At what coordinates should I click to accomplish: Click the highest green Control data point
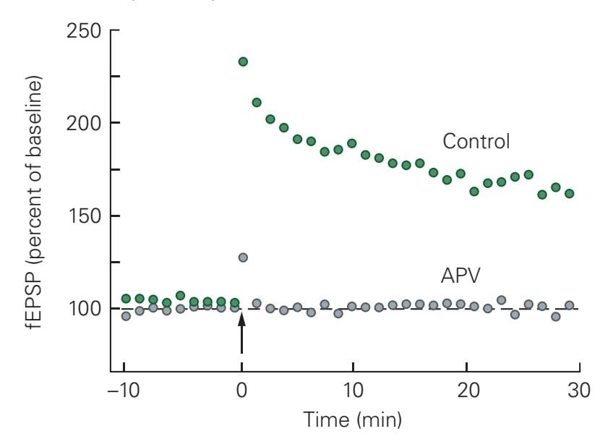pos(243,61)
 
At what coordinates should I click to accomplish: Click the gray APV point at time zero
pos(243,257)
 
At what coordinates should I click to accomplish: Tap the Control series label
pos(476,141)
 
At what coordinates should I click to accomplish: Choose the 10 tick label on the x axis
pos(352,391)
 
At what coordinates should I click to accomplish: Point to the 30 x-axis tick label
pos(577,391)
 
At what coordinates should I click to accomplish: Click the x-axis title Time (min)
pos(352,420)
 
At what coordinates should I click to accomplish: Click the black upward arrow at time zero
pos(242,336)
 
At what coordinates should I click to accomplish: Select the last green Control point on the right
pos(569,193)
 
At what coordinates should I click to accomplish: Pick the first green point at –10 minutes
pos(126,298)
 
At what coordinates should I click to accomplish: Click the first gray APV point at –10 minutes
pos(126,315)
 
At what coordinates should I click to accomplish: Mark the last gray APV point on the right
pos(569,305)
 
